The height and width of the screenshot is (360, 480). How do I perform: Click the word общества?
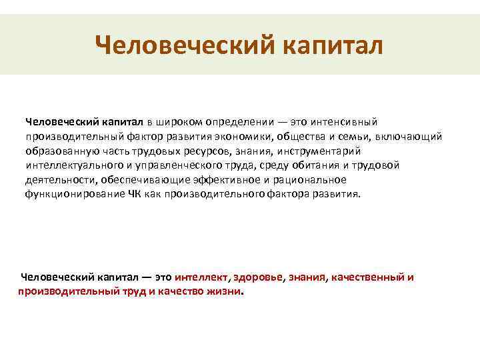tap(301, 137)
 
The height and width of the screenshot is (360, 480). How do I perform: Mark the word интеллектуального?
tap(74, 166)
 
